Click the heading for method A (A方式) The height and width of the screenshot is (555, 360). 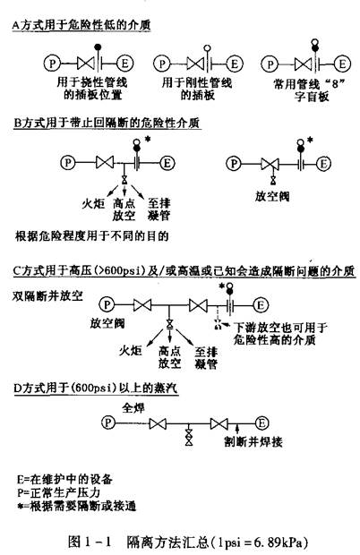coord(81,25)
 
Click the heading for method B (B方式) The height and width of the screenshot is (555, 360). coord(107,124)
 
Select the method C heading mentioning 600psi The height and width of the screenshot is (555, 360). coord(184,271)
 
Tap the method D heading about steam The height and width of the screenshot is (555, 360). coord(96,388)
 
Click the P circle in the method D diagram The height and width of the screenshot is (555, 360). coord(108,423)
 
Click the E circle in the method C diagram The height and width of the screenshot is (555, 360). coord(261,304)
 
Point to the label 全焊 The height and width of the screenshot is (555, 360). coord(133,408)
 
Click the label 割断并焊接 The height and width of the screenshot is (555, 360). coord(253,441)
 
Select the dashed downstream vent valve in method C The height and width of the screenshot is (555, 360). coord(218,324)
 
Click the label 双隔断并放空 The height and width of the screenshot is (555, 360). coord(47,296)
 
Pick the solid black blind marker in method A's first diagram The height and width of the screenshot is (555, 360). coord(98,47)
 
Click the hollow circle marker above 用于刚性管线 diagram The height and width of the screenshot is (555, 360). coord(208,48)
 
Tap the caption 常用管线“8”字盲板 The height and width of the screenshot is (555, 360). coord(310,90)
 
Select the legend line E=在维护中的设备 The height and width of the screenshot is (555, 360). coord(64,479)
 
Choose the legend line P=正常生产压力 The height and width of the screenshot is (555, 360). coord(59,492)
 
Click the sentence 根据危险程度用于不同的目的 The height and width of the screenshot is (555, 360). coord(91,235)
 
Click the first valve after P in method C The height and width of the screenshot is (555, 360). coord(142,304)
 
